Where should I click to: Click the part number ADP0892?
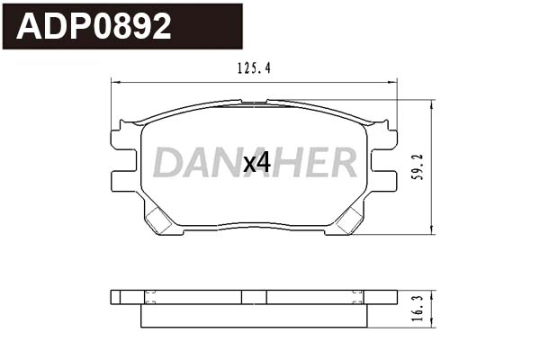(94, 27)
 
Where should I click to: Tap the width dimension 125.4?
(253, 67)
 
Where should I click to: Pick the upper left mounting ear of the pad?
(121, 137)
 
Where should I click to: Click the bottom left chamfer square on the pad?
(163, 219)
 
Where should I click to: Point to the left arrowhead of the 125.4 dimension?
(114, 82)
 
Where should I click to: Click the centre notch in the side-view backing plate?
(254, 297)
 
